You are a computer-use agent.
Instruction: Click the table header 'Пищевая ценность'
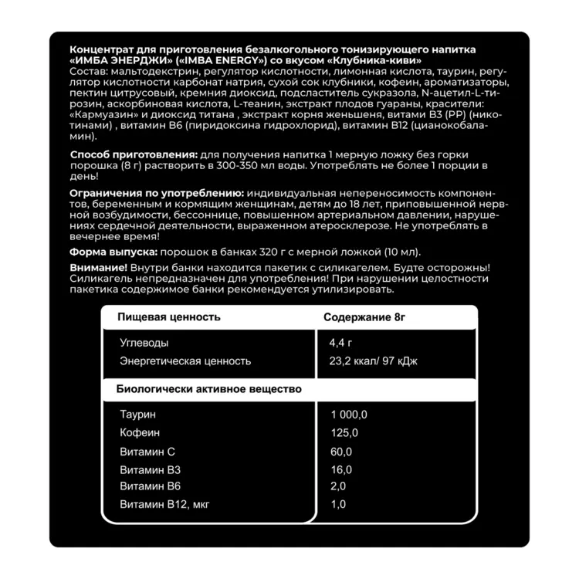coord(168,317)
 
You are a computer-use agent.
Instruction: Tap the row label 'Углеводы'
coord(144,343)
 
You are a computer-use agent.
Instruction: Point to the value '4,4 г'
coord(341,343)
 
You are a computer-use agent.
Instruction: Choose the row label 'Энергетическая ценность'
coord(185,361)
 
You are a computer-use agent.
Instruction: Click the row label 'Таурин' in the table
coord(138,415)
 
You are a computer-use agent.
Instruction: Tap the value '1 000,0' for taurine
coord(349,415)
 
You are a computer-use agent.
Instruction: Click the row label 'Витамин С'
coord(148,452)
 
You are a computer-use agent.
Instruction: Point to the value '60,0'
coord(341,452)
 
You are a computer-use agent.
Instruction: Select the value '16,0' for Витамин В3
coord(341,469)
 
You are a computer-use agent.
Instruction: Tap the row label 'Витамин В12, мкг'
coord(164,505)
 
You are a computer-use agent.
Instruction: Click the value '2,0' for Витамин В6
coord(338,486)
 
